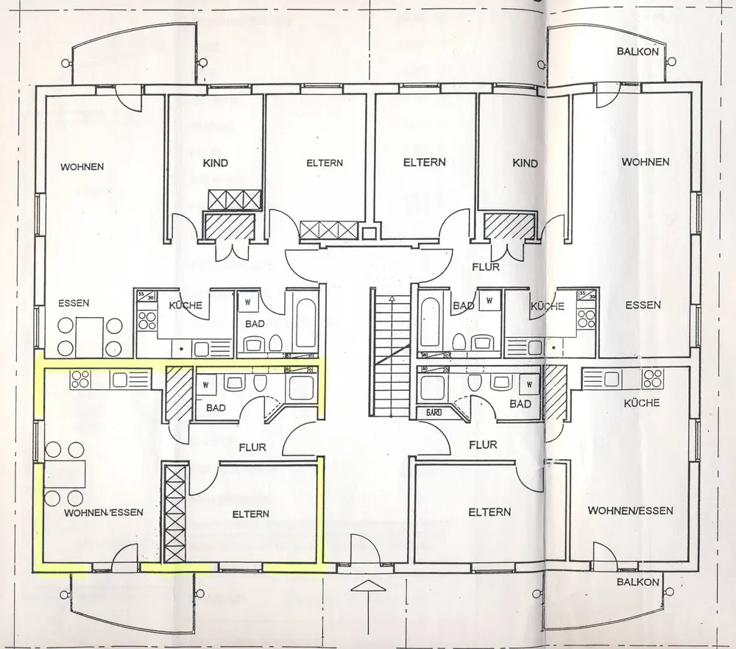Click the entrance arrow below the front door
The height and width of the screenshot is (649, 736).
pos(369,586)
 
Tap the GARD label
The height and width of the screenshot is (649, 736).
pos(434,412)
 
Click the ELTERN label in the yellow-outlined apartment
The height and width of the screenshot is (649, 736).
pos(250,514)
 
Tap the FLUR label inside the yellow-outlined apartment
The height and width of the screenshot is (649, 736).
pos(252,447)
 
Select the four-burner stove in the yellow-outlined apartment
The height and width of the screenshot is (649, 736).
pos(79,380)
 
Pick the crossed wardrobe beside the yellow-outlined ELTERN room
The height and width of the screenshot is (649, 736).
pos(175,514)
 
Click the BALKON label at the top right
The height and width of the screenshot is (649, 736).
pos(637,52)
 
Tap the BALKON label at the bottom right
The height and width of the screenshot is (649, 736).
pos(637,582)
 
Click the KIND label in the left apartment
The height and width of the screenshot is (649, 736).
pos(216,163)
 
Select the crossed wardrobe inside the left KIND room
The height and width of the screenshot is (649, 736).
pos(235,199)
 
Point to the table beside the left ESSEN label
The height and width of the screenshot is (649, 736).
pos(90,336)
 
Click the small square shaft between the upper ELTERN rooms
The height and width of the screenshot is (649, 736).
pos(369,233)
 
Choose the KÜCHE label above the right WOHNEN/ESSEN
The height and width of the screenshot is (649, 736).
pos(641,402)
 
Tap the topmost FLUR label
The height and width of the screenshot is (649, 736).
pos(486,266)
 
